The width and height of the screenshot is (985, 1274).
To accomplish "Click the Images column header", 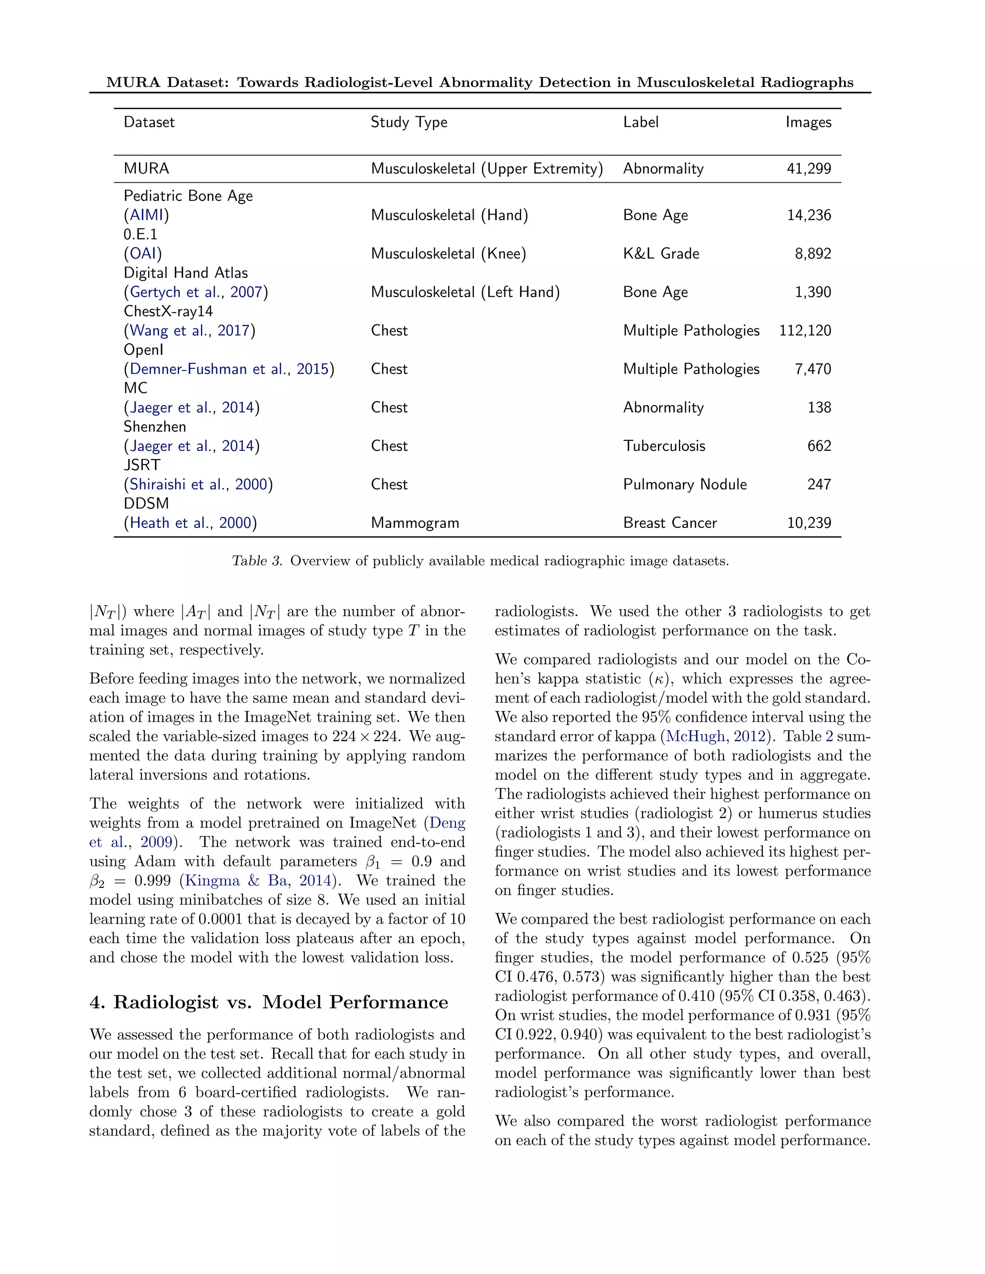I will pos(808,122).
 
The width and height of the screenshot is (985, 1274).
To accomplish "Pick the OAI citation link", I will pos(142,254).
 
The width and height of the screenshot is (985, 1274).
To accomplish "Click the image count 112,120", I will pos(805,331).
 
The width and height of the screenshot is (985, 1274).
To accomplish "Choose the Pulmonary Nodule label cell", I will pos(684,485).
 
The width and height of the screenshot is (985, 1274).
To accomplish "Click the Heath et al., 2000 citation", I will pos(189,523).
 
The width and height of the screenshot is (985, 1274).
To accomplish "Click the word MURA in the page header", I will pos(133,82).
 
